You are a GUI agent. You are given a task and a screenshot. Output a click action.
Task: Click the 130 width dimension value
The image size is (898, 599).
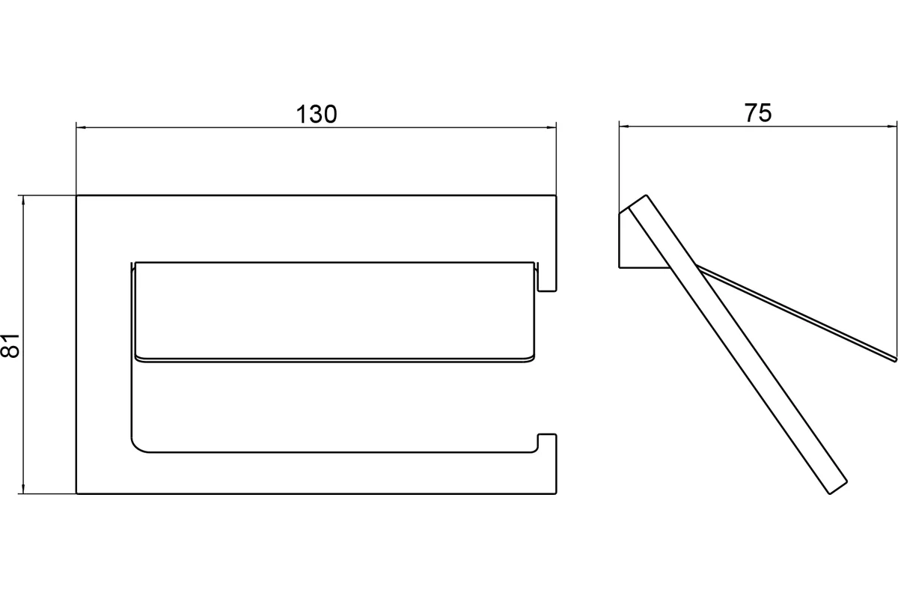pyautogui.click(x=317, y=114)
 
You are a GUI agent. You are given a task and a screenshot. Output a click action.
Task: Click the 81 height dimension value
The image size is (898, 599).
pyautogui.click(x=10, y=345)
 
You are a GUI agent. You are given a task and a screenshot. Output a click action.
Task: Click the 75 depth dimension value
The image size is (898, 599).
pyautogui.click(x=757, y=113)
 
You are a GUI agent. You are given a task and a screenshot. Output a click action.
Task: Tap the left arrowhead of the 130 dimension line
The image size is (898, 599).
pyautogui.click(x=82, y=127)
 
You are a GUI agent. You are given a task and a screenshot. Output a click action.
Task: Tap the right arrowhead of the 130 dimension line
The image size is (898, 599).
pyautogui.click(x=552, y=127)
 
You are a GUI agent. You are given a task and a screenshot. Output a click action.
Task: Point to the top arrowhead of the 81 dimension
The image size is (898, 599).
pyautogui.click(x=23, y=201)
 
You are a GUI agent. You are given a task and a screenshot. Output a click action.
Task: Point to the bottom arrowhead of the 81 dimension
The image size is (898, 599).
pyautogui.click(x=23, y=488)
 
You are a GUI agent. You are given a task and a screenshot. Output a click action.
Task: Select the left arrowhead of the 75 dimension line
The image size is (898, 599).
pyautogui.click(x=624, y=127)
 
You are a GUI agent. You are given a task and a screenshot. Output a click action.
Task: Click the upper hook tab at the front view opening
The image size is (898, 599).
pyautogui.click(x=547, y=277)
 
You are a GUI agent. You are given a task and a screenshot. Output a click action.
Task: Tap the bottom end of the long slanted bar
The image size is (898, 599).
pyautogui.click(x=839, y=487)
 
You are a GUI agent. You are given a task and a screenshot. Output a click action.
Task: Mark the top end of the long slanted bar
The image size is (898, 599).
pyautogui.click(x=638, y=201)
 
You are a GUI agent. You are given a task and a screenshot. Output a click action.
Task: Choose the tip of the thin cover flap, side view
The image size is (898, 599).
pyautogui.click(x=895, y=359)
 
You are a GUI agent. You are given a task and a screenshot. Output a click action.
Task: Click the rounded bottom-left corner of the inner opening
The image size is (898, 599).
pyautogui.click(x=137, y=447)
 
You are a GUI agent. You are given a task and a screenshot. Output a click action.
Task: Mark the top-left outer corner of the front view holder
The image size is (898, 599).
pyautogui.click(x=76, y=195)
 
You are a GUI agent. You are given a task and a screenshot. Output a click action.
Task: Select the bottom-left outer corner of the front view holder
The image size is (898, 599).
pyautogui.click(x=76, y=494)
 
